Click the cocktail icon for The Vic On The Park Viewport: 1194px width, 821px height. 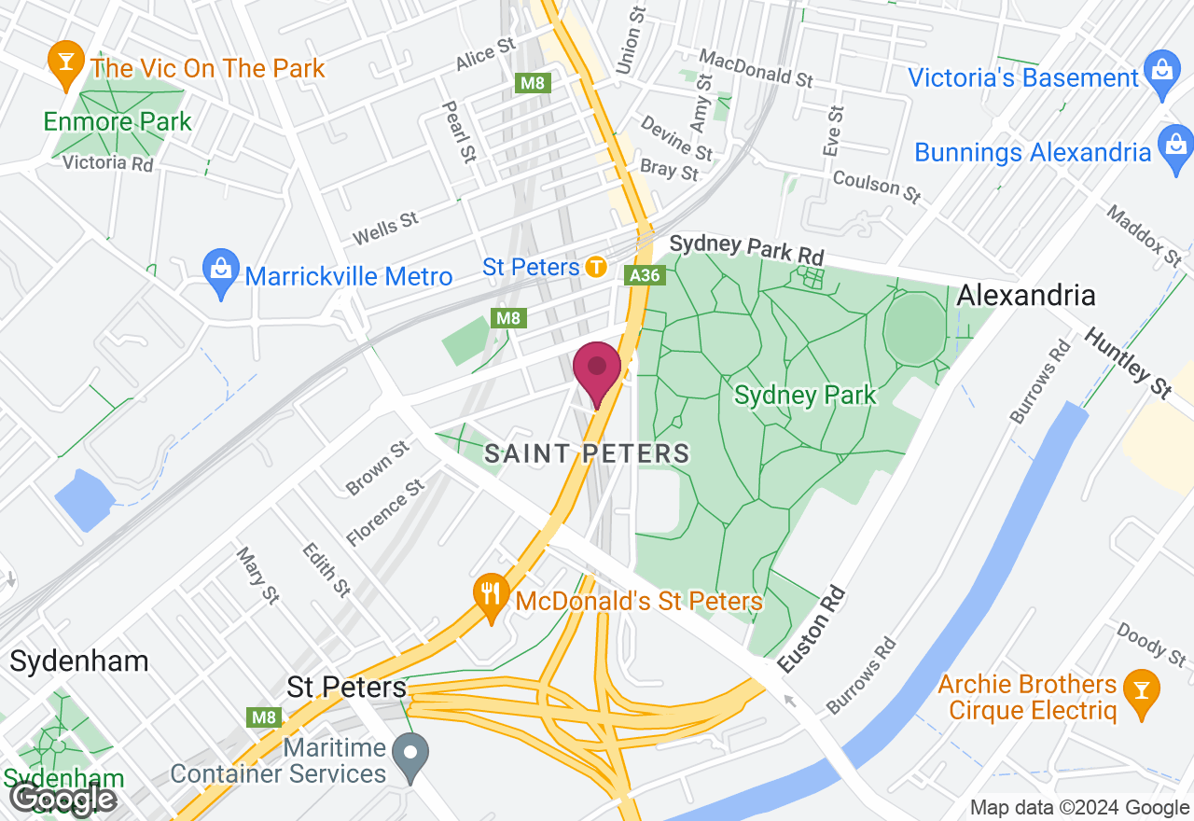(65, 62)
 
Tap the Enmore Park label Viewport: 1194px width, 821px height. (118, 121)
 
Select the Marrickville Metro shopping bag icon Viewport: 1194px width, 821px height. (220, 271)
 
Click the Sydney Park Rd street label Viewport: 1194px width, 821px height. (747, 249)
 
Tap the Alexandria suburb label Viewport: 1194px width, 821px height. (1026, 296)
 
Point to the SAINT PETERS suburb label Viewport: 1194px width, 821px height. (587, 454)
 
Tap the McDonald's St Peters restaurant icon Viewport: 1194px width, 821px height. (491, 594)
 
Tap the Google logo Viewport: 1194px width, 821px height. (63, 799)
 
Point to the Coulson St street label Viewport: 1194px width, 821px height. (877, 185)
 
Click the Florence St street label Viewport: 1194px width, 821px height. (385, 513)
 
